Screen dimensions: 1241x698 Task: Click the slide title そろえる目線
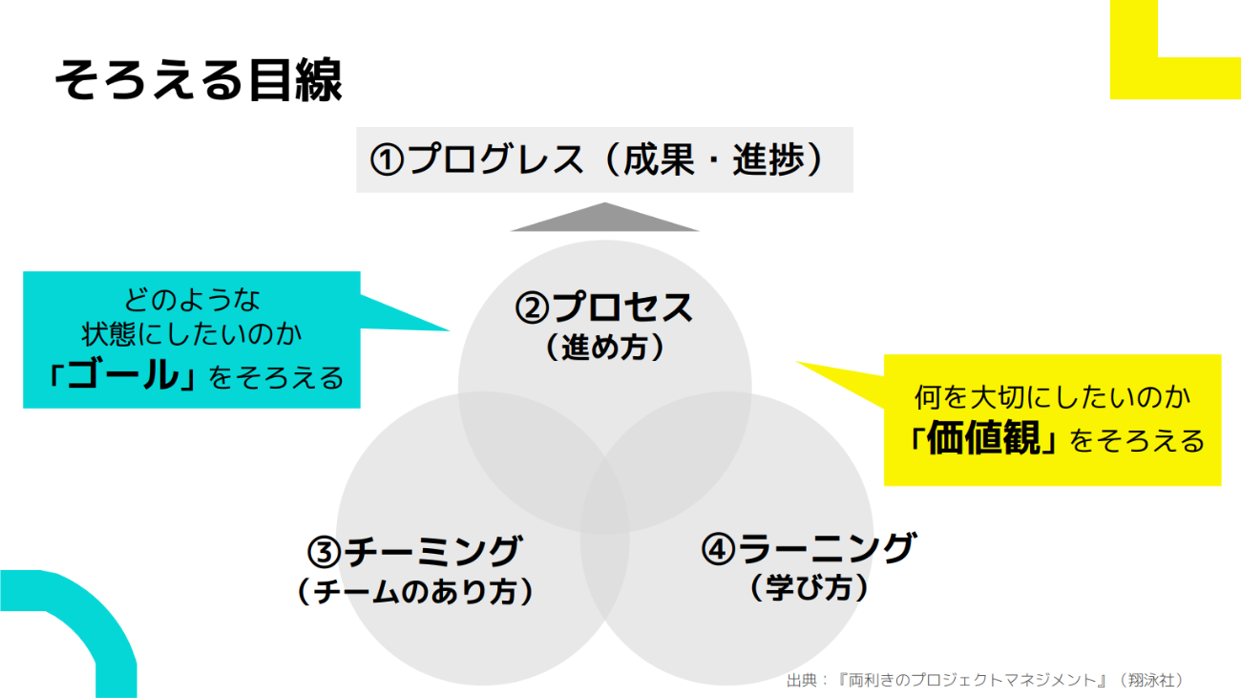pos(199,80)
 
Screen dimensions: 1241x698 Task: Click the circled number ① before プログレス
pos(387,160)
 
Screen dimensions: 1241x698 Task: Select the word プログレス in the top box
pos(495,159)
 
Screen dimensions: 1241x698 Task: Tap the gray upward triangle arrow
pos(604,217)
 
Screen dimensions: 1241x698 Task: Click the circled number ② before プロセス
pos(532,308)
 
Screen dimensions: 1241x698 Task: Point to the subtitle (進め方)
pos(605,348)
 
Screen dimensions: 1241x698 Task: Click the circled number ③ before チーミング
pos(324,552)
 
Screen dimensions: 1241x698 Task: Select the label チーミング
pos(432,551)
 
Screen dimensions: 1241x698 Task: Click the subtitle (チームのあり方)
pos(415,591)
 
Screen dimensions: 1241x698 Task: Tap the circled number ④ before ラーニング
pos(718,549)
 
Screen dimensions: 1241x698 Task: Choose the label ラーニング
pos(827,548)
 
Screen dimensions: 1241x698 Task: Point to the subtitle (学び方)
pos(809,588)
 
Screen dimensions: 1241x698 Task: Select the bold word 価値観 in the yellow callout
pos(983,437)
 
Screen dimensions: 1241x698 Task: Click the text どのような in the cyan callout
pos(192,300)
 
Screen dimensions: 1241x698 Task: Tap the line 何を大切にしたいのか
pos(1053,397)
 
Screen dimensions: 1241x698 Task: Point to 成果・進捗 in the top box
pos(714,159)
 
